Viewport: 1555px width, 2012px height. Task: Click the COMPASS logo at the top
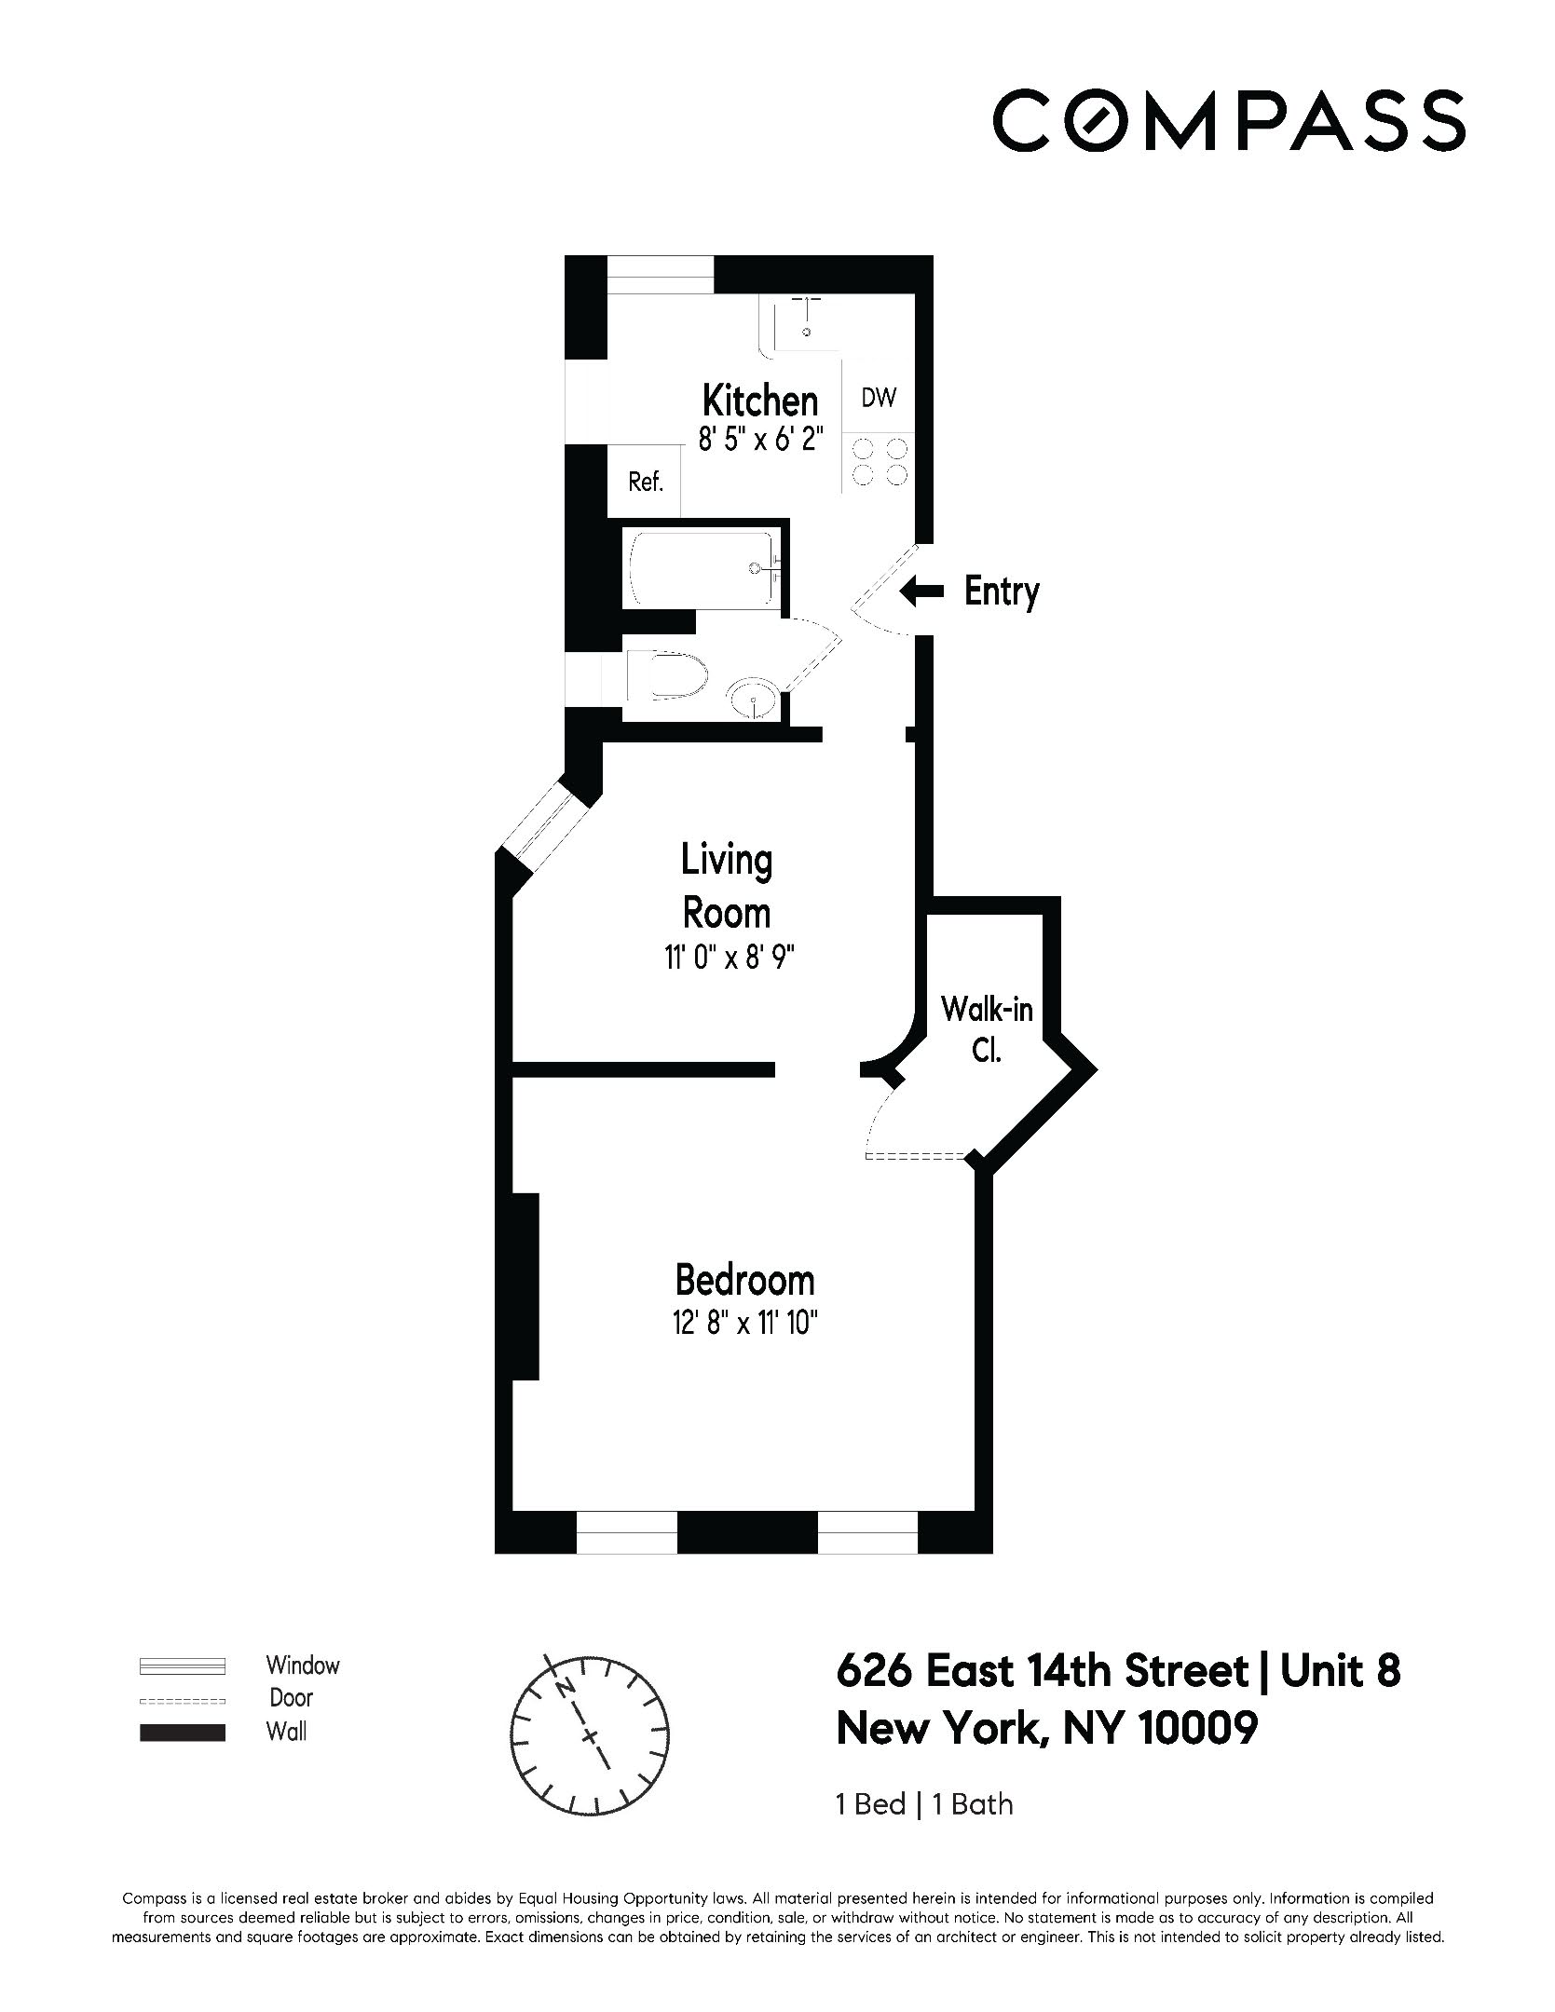pyautogui.click(x=1228, y=120)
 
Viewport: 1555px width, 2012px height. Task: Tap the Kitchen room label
pyautogui.click(x=759, y=401)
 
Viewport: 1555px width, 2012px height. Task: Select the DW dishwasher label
pyautogui.click(x=878, y=399)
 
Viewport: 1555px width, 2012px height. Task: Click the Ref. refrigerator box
pyautogui.click(x=645, y=482)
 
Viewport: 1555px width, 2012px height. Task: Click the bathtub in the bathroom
pyautogui.click(x=704, y=568)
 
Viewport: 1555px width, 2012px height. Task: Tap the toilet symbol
pyautogui.click(x=667, y=675)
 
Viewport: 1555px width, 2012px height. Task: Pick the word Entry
pyautogui.click(x=1001, y=591)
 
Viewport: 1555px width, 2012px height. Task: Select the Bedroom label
pyautogui.click(x=744, y=1280)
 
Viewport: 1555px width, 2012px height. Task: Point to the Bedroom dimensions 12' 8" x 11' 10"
pyautogui.click(x=744, y=1324)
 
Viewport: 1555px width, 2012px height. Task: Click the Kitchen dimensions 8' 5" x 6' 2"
pyautogui.click(x=759, y=439)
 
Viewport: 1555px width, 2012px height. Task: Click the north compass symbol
pyautogui.click(x=590, y=1735)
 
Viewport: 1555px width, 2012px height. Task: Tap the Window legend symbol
pyautogui.click(x=182, y=1665)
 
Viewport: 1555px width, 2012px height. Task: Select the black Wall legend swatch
pyautogui.click(x=182, y=1733)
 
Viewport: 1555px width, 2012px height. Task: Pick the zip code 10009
pyautogui.click(x=1197, y=1729)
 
